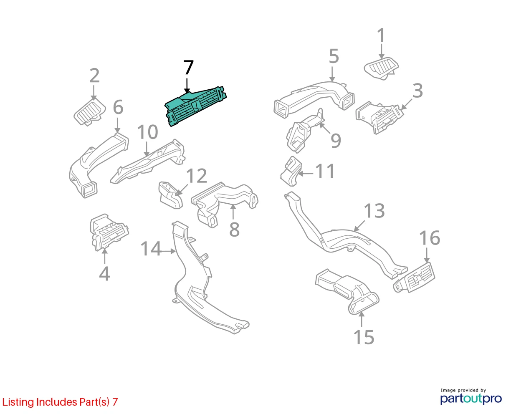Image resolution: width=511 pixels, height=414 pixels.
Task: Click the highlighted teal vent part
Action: (195, 106)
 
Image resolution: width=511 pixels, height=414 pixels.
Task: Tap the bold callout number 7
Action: (188, 68)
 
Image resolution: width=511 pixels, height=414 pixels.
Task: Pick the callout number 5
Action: (334, 56)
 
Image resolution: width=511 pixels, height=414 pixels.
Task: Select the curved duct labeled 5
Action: (314, 98)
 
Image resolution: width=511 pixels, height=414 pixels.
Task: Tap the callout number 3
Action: (417, 91)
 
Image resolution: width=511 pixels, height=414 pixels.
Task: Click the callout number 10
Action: (147, 132)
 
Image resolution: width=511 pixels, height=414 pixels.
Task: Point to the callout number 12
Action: (196, 176)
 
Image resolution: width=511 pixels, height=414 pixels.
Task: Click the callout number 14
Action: (150, 248)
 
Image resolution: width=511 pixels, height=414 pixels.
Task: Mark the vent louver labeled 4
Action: (109, 232)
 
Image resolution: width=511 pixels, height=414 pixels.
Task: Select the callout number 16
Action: (430, 238)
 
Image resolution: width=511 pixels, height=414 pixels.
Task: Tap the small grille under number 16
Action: (414, 277)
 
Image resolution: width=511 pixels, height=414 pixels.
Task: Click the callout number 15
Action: (364, 337)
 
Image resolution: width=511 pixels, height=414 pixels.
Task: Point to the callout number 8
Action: (234, 229)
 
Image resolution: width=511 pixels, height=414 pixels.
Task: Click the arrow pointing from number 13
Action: (359, 226)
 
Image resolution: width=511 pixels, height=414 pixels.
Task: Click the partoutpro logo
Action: (471, 399)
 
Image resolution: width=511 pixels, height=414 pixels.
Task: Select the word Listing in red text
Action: (18, 402)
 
